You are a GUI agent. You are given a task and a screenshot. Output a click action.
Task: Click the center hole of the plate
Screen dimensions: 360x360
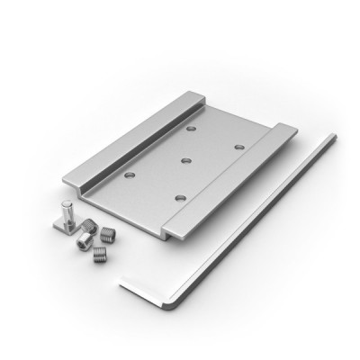[x=184, y=161]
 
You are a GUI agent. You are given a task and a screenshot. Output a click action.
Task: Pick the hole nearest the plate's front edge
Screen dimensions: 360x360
[x=179, y=196]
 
